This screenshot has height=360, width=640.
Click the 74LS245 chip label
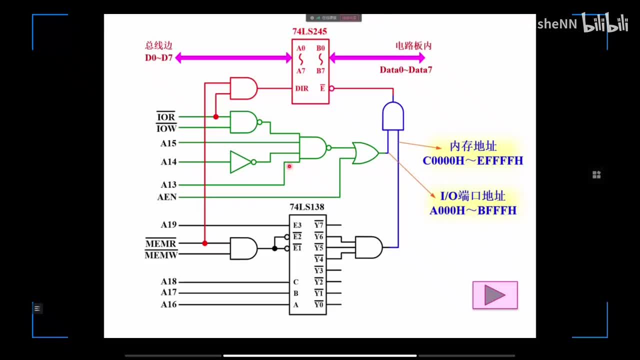(x=310, y=31)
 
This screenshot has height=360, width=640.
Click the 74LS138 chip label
(x=307, y=207)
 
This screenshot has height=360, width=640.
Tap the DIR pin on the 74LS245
(x=302, y=88)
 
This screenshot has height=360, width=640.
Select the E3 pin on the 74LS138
(x=297, y=225)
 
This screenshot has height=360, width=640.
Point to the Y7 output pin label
(x=318, y=225)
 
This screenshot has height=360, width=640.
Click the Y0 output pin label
(x=318, y=304)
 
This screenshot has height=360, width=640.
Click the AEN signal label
(x=167, y=197)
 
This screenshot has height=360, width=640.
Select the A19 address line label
(x=168, y=225)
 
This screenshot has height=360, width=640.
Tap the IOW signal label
(x=166, y=128)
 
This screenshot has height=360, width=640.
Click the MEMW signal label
(x=160, y=255)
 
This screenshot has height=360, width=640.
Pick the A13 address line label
(x=168, y=185)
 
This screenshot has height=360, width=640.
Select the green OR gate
(x=365, y=153)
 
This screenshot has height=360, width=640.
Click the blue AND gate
(x=392, y=116)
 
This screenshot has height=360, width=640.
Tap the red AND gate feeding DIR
(x=243, y=88)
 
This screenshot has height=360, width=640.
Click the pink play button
(x=495, y=295)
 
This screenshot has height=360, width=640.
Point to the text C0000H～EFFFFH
(x=472, y=161)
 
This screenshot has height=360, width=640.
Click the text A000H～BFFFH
(x=472, y=210)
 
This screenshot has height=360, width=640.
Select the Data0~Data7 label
(x=405, y=70)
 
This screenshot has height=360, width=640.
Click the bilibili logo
(x=605, y=24)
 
